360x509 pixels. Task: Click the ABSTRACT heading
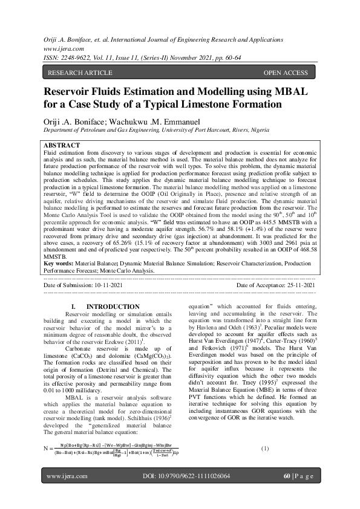(62, 146)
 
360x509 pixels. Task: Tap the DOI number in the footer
(198, 494)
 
